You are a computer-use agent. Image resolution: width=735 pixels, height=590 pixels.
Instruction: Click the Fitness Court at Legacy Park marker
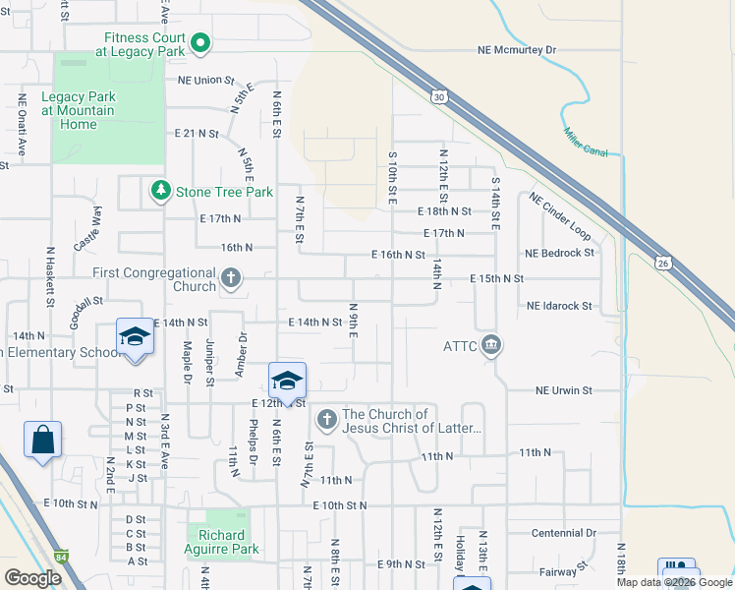click(x=201, y=42)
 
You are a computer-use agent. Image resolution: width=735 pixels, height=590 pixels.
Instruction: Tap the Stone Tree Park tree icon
click(x=159, y=191)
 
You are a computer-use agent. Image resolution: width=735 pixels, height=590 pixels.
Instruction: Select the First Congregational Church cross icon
click(x=231, y=279)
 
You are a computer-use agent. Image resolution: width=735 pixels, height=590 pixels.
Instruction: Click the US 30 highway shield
click(x=439, y=95)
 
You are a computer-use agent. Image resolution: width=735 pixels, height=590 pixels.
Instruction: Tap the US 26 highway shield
click(x=663, y=263)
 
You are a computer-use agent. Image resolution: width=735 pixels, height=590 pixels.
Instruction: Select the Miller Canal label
click(x=585, y=142)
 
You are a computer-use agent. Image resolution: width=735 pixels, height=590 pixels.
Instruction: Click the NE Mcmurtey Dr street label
click(x=517, y=49)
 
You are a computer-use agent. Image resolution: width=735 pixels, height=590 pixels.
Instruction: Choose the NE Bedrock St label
click(x=560, y=253)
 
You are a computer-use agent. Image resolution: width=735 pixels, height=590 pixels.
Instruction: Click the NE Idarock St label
click(x=559, y=307)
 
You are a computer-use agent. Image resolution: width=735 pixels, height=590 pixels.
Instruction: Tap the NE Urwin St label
click(x=564, y=390)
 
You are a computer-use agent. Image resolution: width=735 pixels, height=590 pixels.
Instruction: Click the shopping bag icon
click(x=43, y=440)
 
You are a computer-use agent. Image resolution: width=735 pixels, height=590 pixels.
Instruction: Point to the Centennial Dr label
click(x=563, y=533)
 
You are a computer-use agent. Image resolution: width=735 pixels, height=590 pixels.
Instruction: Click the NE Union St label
click(x=206, y=81)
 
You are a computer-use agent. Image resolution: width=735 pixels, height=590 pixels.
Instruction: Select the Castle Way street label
click(x=87, y=228)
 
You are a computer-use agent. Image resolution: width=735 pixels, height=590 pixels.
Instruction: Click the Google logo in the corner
click(x=32, y=578)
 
